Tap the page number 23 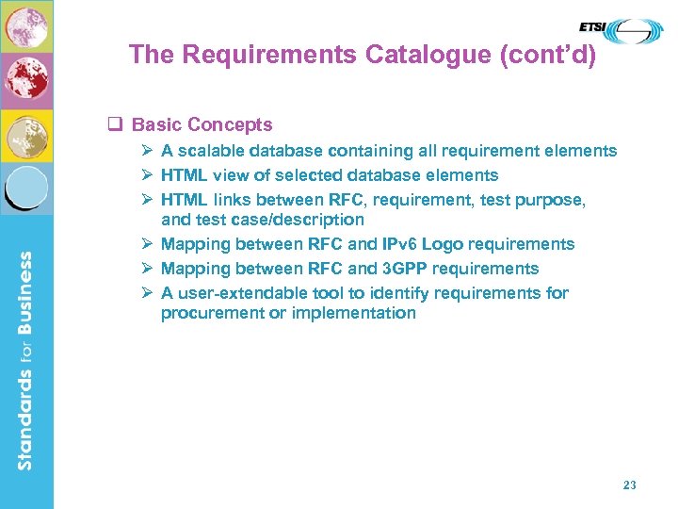(630, 485)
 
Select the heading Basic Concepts (202, 124)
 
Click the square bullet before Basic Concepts (118, 124)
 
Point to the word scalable (212, 151)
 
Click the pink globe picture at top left (26, 26)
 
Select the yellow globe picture (26, 138)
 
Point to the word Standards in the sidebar (26, 419)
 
